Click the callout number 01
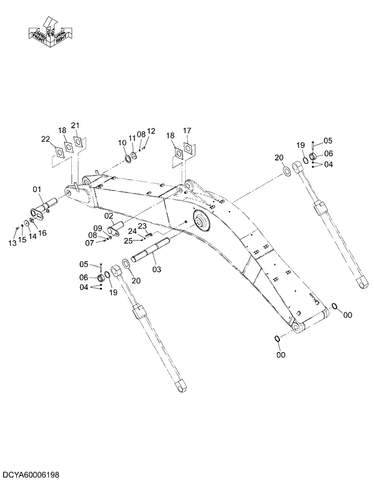point(37,191)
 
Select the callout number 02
point(109,216)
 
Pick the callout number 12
point(151,131)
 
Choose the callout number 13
point(12,243)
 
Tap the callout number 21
point(75,125)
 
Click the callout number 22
point(45,139)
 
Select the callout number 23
point(142,226)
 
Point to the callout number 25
point(128,241)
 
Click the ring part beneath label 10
point(128,159)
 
